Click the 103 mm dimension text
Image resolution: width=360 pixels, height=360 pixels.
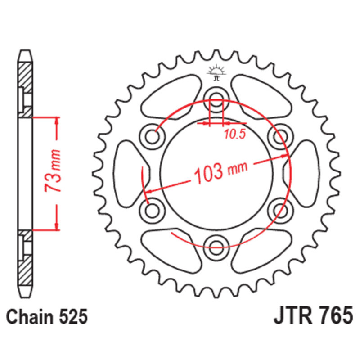point(221,173)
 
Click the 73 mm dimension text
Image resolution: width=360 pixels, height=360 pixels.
point(53,171)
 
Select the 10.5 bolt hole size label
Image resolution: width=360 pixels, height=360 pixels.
point(234,134)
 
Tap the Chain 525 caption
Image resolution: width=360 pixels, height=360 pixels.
point(47,317)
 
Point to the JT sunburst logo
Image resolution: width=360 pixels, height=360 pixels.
point(216,72)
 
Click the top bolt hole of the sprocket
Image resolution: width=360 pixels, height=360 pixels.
point(216,99)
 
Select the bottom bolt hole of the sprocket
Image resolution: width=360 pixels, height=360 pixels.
point(216,248)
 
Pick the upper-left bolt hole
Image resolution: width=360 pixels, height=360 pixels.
point(152,137)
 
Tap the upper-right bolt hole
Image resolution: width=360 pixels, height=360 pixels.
point(280,137)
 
